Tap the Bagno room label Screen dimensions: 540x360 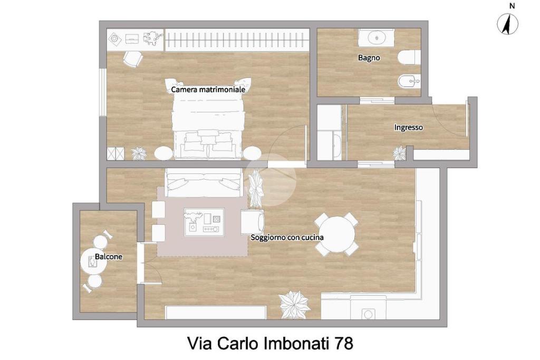(x=369, y=57)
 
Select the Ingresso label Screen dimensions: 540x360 (x=409, y=128)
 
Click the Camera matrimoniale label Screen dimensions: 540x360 (x=208, y=90)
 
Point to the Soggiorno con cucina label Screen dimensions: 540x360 (x=287, y=237)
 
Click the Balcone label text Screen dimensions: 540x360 (x=109, y=256)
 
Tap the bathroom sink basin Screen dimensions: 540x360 (x=377, y=37)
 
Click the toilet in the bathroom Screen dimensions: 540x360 (x=409, y=57)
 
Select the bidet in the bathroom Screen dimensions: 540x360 (x=409, y=82)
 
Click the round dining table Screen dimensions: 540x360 (x=337, y=234)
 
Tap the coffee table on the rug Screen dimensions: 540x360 (x=204, y=222)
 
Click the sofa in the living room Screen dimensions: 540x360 (x=203, y=182)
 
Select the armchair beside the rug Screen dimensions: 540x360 (x=253, y=222)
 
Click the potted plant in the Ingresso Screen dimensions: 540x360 (x=400, y=153)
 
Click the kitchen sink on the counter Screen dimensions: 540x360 (x=368, y=314)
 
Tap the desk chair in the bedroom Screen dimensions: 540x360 (x=133, y=59)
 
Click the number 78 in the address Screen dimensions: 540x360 (x=343, y=344)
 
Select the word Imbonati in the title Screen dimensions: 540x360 (x=296, y=344)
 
